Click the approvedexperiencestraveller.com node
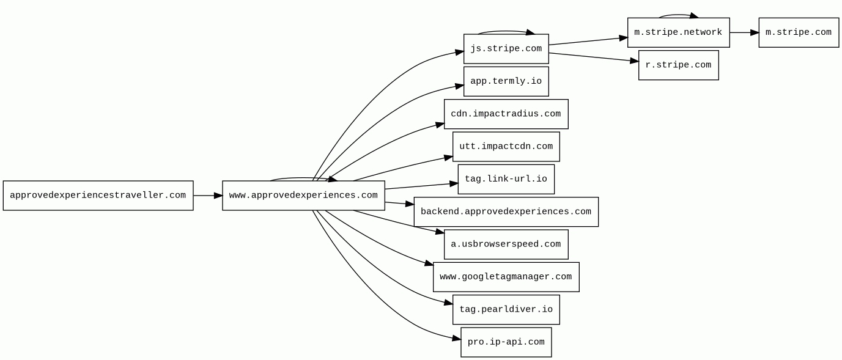pyautogui.click(x=98, y=196)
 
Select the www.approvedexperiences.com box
pyautogui.click(x=303, y=196)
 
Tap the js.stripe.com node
pyautogui.click(x=506, y=49)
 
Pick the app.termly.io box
pyautogui.click(x=506, y=81)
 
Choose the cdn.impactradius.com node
pyautogui.click(x=506, y=114)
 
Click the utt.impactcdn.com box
pyautogui.click(x=506, y=147)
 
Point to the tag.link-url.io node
pyautogui.click(x=506, y=179)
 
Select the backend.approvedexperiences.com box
pyautogui.click(x=506, y=211)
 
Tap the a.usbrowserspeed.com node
pyautogui.click(x=506, y=244)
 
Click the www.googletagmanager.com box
pyautogui.click(x=506, y=277)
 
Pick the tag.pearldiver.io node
pyautogui.click(x=506, y=309)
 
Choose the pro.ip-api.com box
pyautogui.click(x=506, y=342)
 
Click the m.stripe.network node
pyautogui.click(x=679, y=32)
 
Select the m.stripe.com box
pyautogui.click(x=799, y=32)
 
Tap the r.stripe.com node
pyautogui.click(x=679, y=65)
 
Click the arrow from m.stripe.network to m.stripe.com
pyautogui.click(x=744, y=32)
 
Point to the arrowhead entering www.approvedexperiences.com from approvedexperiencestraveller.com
pyautogui.click(x=218, y=196)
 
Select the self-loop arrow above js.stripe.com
pyautogui.click(x=506, y=31)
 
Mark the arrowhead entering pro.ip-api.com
pyautogui.click(x=456, y=339)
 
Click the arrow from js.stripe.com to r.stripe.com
pyautogui.click(x=594, y=57)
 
